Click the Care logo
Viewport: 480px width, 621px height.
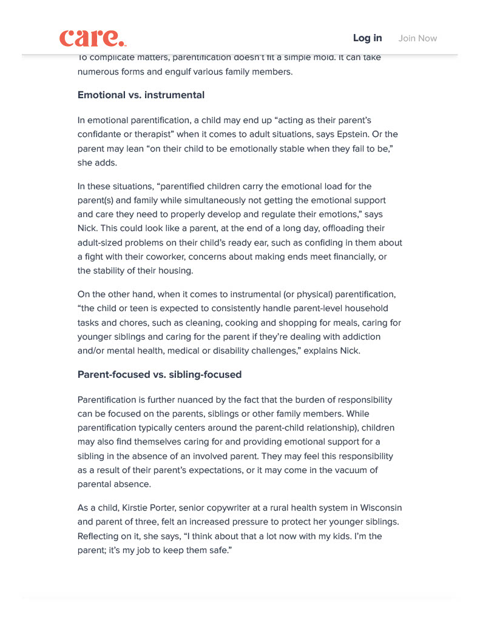[92, 38]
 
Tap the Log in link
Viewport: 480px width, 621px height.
[367, 38]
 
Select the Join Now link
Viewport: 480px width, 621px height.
[417, 38]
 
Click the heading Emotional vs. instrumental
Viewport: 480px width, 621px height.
[141, 95]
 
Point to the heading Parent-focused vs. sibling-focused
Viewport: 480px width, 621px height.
[160, 375]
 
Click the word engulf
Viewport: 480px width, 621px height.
[177, 72]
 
